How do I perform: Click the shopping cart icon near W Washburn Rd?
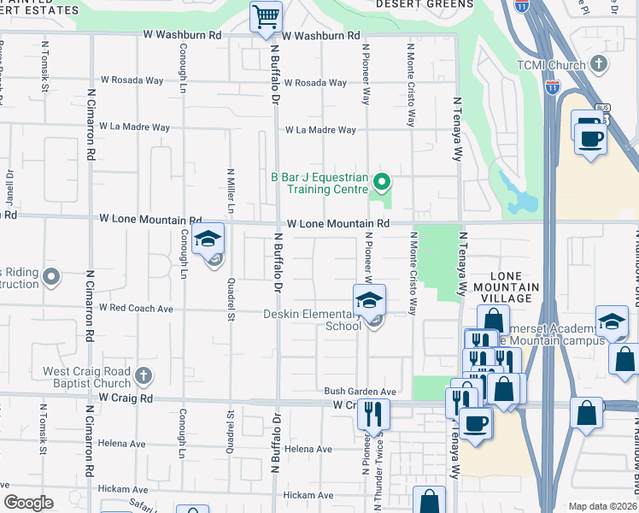[x=266, y=16]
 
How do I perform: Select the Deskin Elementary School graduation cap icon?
[x=369, y=302]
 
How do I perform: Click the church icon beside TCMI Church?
[x=599, y=64]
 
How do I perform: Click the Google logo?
[x=28, y=502]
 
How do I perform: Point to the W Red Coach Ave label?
[x=136, y=308]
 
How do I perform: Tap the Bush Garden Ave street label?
[x=360, y=392]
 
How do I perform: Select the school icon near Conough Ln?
[x=208, y=240]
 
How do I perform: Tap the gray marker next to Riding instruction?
[x=51, y=276]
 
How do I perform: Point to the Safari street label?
[x=137, y=504]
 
